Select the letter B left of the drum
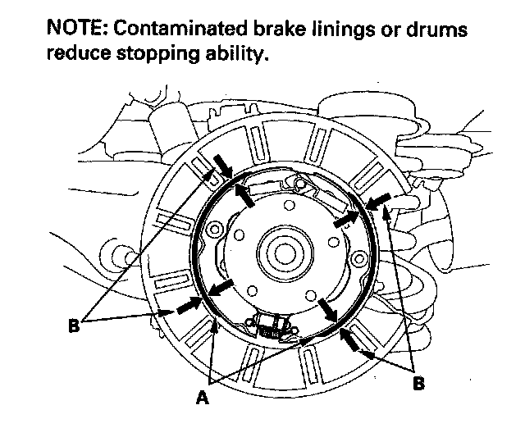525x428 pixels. click(75, 326)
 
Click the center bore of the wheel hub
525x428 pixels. click(279, 248)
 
